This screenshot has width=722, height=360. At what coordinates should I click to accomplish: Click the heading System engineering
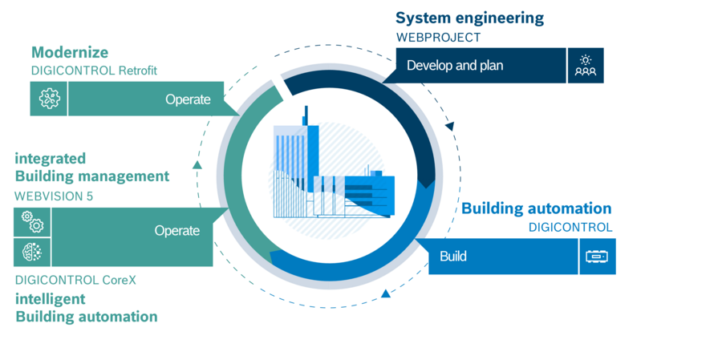(469, 18)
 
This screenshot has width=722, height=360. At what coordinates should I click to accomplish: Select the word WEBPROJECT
(438, 38)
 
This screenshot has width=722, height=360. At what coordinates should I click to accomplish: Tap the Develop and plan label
(455, 66)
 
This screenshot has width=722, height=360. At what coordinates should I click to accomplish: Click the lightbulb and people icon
(586, 66)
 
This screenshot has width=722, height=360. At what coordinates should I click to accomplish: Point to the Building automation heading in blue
(536, 209)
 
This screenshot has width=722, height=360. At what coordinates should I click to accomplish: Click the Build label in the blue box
(453, 257)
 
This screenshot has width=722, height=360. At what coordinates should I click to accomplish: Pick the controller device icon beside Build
(597, 257)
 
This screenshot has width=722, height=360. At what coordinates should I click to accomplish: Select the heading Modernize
(70, 53)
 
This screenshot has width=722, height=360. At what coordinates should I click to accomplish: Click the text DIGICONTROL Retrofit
(94, 71)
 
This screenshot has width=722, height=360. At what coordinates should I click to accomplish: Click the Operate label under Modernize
(188, 99)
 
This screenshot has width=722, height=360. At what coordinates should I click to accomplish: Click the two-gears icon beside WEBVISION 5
(32, 222)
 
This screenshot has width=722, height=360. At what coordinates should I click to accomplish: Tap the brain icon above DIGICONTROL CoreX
(32, 253)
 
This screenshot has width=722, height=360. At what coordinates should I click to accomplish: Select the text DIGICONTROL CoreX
(75, 281)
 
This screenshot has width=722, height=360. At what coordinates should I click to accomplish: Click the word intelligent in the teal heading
(50, 299)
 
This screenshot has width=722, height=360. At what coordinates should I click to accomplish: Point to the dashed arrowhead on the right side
(450, 126)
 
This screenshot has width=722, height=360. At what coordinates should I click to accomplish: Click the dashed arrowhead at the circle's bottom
(386, 293)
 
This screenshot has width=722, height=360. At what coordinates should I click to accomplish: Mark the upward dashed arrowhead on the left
(197, 165)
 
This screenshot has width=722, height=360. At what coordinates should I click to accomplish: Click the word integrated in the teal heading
(50, 158)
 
